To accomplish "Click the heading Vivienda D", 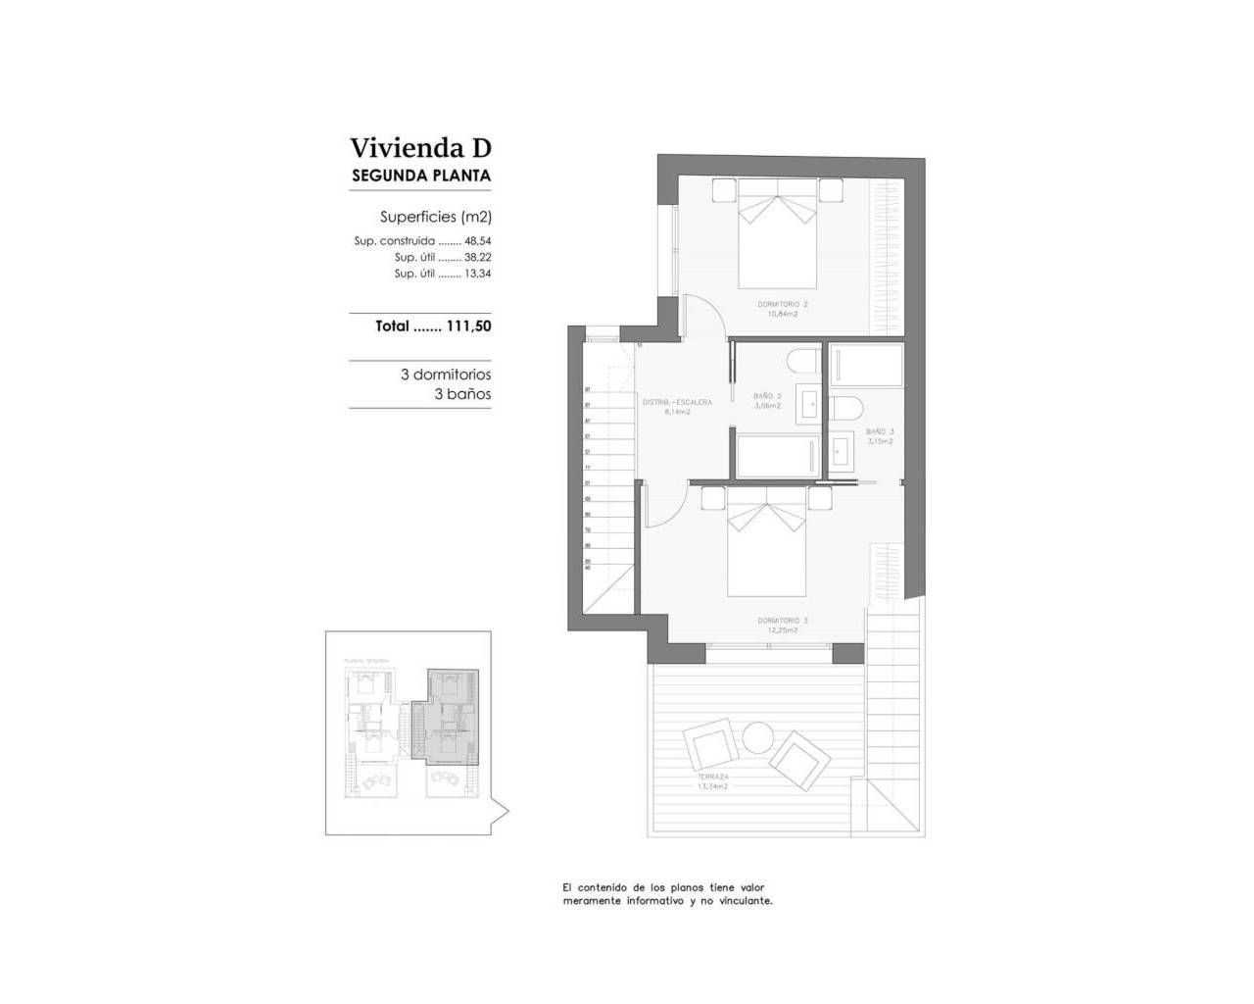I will coord(420,148).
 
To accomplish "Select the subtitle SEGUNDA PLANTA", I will coord(420,176).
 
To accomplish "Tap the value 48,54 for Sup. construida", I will coord(477,241).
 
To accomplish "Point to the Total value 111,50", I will coord(468,326).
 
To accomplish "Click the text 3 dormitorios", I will coord(446,375).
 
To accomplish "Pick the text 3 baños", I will coord(462,394).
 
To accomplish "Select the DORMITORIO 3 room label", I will coord(782,621).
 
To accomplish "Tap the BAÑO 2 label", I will coord(767,396).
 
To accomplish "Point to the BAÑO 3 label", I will coord(880,431).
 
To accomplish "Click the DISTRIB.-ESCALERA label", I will coord(677,402).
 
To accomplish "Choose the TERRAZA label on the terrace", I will coord(712,777).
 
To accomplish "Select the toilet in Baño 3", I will coord(845,408).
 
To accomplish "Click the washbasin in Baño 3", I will coord(843,451).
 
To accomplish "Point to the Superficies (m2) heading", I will coord(435,217).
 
